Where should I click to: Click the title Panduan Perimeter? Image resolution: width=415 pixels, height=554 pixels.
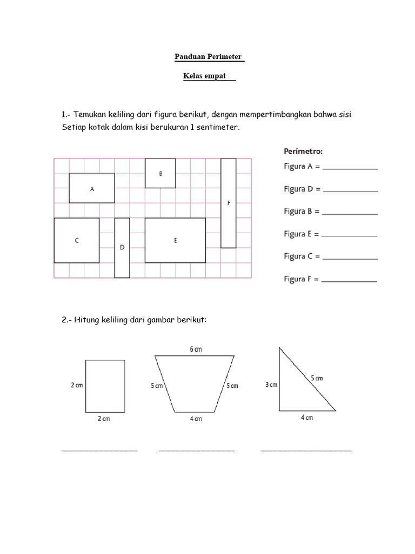coord(209,57)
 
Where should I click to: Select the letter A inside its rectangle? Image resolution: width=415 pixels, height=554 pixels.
coord(92,189)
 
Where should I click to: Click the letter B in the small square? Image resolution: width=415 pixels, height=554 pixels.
coord(160,174)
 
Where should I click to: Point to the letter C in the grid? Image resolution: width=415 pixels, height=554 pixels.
coord(77,241)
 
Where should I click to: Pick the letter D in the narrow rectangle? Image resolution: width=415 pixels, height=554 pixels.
coord(122,247)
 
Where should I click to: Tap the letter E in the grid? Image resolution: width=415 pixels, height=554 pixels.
coord(175,241)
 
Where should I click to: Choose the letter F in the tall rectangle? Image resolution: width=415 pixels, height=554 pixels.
coord(229,203)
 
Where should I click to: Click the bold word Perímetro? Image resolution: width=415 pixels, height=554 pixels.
coord(303,151)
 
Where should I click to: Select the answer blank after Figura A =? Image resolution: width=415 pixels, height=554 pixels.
coord(350,169)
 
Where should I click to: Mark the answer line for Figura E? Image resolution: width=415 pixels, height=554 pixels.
coord(349,236)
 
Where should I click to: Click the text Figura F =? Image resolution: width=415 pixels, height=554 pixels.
coord(302,279)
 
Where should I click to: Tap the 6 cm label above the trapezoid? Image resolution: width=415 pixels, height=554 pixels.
coord(196,349)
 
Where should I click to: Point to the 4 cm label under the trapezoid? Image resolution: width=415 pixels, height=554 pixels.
coord(195,419)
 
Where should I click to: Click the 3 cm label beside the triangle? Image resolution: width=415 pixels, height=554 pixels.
coord(271,385)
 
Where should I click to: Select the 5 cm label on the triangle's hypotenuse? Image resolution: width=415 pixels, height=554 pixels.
coord(316,378)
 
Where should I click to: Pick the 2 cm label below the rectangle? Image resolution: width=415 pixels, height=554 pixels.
coord(103,419)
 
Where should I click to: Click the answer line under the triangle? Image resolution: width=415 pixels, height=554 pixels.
coord(306,450)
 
